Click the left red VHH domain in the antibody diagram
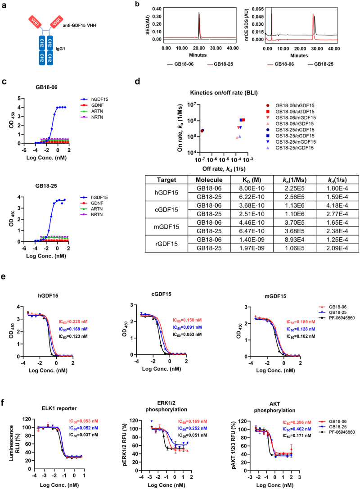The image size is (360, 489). click(35, 22)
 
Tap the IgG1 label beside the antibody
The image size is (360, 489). click(60, 49)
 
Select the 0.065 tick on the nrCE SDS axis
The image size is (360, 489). click(258, 9)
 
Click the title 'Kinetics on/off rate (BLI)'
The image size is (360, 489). click(224, 93)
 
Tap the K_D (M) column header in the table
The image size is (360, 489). click(252, 180)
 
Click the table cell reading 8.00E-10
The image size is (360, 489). click(252, 188)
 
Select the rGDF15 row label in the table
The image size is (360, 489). click(166, 244)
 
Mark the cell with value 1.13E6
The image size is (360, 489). click(295, 205)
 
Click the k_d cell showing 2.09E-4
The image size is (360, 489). click(337, 248)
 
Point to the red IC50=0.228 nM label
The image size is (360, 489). click(73, 322)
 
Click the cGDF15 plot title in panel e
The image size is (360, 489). click(162, 294)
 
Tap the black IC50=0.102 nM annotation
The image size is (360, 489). click(301, 336)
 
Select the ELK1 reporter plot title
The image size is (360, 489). click(59, 408)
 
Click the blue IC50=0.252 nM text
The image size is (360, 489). click(193, 429)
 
